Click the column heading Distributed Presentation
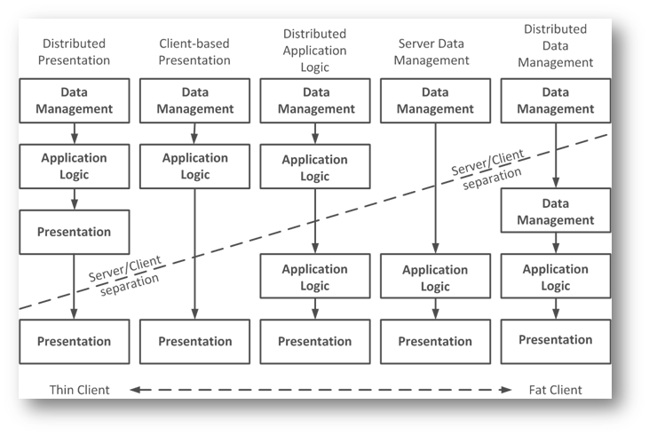[74, 52]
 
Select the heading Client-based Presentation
[194, 52]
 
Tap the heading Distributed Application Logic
[315, 51]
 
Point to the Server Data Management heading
[434, 52]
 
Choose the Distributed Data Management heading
[556, 46]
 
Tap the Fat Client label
[554, 390]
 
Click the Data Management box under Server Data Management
[434, 100]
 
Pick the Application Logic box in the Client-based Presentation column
[194, 166]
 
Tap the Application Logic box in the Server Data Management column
[435, 278]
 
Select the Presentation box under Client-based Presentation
[194, 342]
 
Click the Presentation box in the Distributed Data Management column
[556, 340]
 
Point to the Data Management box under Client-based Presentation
[194, 100]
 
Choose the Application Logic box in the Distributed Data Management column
[556, 276]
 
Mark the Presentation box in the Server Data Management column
[435, 342]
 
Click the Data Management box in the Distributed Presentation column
[74, 100]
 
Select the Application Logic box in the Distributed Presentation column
[74, 166]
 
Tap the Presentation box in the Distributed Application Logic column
[315, 342]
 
